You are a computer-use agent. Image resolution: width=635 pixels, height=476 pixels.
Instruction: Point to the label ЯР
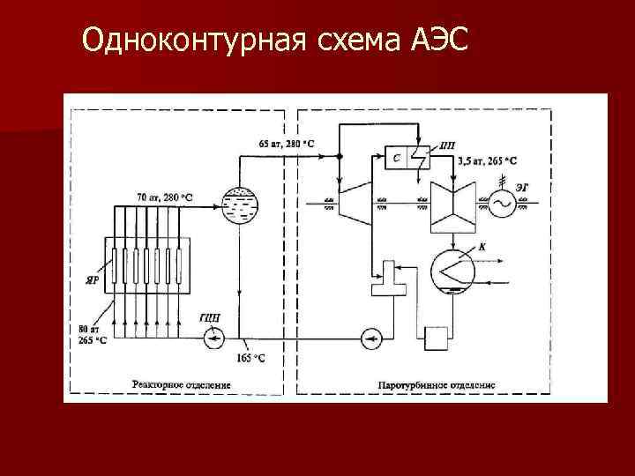coord(91,279)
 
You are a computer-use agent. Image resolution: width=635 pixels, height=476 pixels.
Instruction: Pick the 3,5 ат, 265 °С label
coord(488,161)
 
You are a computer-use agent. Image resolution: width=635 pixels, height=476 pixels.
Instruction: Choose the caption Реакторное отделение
coord(182,384)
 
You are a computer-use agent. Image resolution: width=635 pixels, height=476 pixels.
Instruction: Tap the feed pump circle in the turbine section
coord(371,336)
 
